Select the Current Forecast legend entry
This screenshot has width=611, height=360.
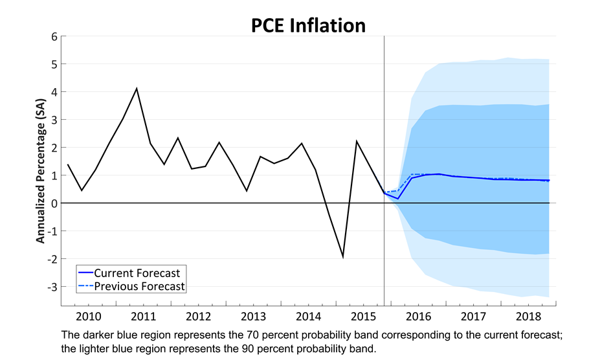click(137, 273)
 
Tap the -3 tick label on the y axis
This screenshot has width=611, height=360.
click(52, 287)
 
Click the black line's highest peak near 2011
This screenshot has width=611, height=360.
click(137, 88)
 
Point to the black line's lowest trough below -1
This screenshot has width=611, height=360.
click(343, 257)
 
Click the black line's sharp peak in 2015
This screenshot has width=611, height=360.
click(357, 141)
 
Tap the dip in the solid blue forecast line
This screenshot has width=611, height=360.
click(397, 198)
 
